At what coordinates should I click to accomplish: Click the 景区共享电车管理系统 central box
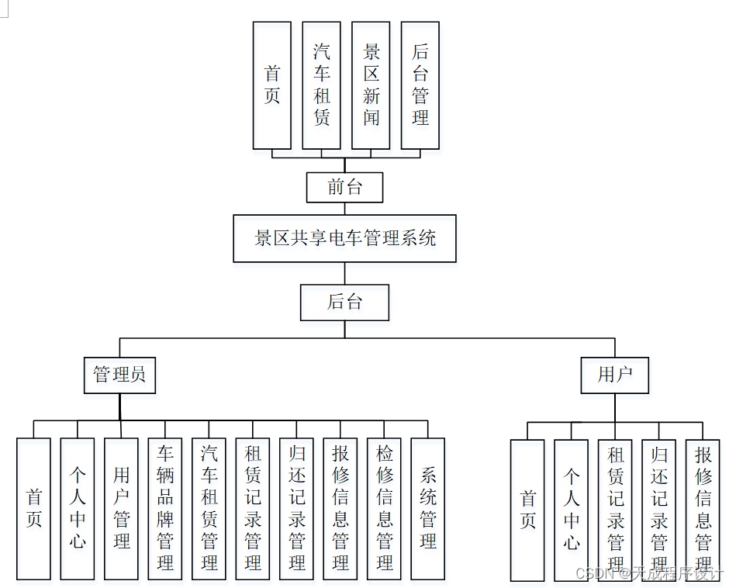tap(344, 238)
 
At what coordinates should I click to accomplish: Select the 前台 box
tap(344, 187)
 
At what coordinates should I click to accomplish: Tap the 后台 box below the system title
tap(344, 303)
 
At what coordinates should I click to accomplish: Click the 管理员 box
tap(119, 375)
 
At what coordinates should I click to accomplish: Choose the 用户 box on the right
tap(614, 375)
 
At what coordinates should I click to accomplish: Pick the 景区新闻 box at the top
tap(371, 85)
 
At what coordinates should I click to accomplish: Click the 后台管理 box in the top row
tap(420, 85)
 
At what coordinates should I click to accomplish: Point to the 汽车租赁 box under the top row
tap(321, 85)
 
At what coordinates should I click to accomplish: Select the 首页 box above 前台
tap(272, 85)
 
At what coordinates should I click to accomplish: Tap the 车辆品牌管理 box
tap(165, 508)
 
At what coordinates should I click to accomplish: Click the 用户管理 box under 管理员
tap(121, 508)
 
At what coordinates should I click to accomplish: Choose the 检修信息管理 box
tap(385, 508)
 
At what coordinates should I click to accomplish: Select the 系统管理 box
tap(428, 508)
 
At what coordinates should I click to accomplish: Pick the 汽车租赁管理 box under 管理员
tap(209, 508)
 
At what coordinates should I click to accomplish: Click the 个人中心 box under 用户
tap(572, 510)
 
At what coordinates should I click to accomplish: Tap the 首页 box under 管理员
tap(33, 508)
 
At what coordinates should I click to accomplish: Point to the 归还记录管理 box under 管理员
tap(297, 508)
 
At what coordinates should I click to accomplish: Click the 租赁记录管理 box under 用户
tap(615, 510)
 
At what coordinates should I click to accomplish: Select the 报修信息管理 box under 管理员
tap(340, 508)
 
